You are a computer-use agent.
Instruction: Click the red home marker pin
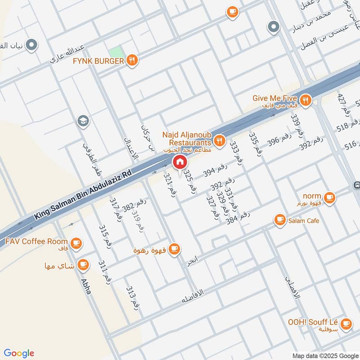(180, 162)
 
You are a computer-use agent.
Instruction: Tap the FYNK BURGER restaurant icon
(131, 60)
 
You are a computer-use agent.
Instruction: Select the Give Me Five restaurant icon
(306, 100)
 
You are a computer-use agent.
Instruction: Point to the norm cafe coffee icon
(329, 198)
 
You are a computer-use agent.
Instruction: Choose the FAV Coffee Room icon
(76, 243)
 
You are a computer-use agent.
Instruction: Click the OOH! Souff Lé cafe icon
(346, 324)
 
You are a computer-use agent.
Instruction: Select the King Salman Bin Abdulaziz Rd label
(81, 196)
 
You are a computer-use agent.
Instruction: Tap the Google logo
(19, 353)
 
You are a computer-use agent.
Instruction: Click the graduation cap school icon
(83, 121)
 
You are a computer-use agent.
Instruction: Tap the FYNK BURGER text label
(98, 61)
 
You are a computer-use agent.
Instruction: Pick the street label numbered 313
(133, 297)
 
